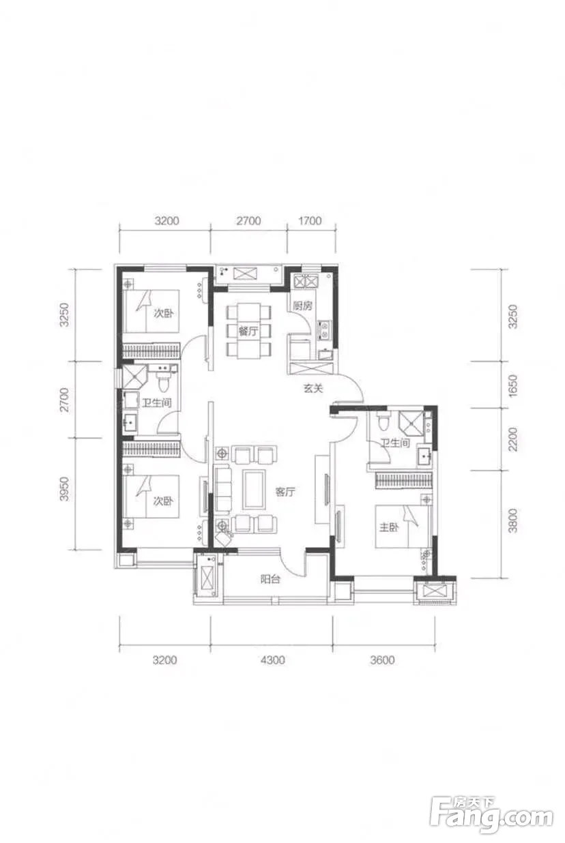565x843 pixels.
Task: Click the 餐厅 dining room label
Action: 248,331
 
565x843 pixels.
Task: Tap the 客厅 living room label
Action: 285,492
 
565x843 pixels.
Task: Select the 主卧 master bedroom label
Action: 389,527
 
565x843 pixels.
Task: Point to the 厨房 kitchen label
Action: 303,306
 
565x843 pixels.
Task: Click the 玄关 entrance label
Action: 313,388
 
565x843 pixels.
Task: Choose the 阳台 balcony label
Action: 270,579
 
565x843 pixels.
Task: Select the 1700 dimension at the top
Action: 310,220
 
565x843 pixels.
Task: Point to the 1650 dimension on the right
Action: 512,385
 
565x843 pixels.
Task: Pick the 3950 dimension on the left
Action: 64,489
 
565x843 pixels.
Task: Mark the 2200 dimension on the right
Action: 512,439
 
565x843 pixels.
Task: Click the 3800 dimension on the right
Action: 512,521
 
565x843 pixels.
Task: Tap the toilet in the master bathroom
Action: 383,421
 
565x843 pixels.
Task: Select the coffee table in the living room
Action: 254,490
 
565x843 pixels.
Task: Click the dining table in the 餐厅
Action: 248,331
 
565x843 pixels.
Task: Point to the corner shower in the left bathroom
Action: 132,376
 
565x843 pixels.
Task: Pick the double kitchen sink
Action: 306,281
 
